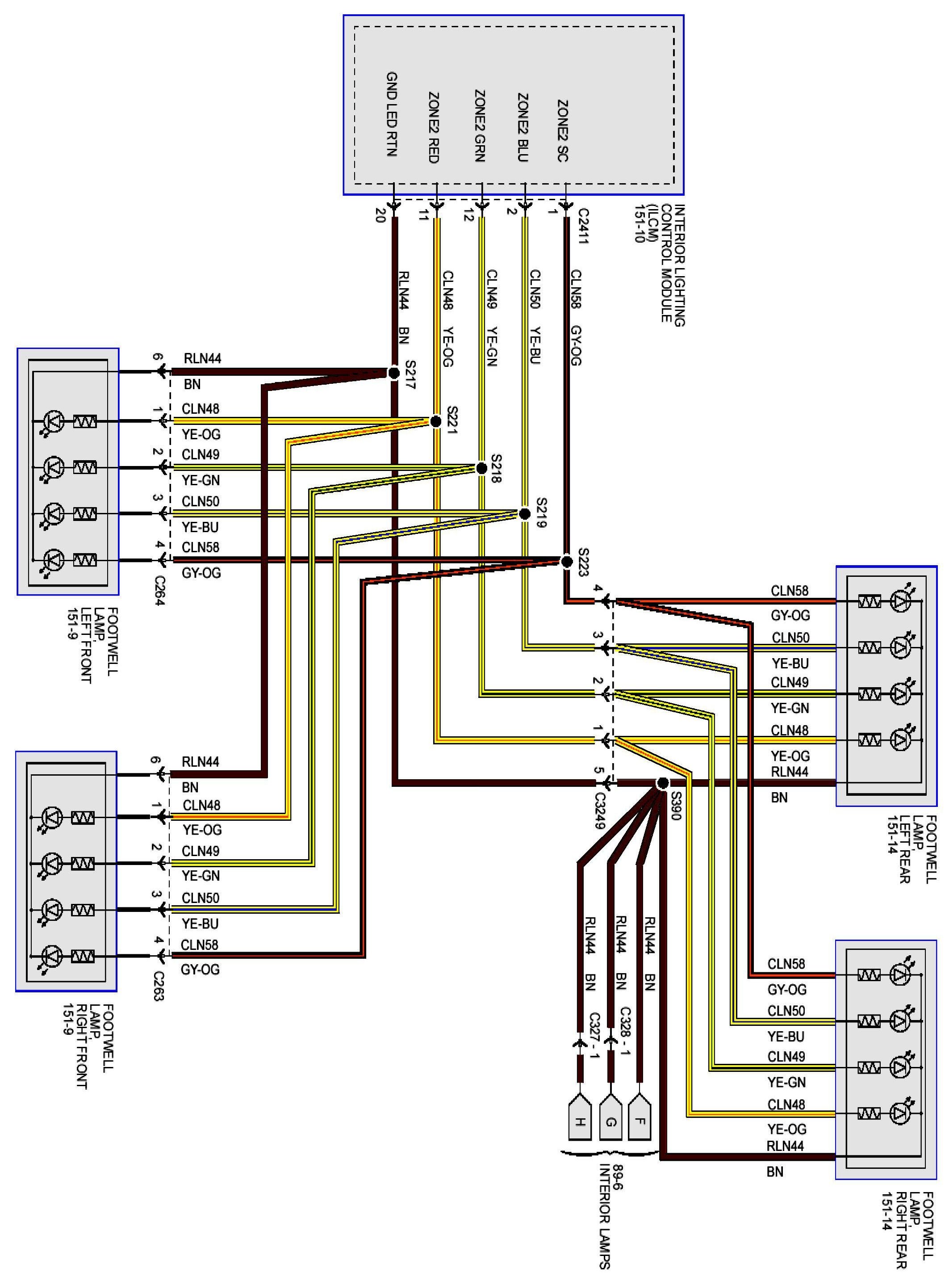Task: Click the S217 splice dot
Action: (393, 373)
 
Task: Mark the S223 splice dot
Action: (566, 562)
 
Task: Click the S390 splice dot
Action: (662, 783)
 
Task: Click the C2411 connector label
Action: (583, 227)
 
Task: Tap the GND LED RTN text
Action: (392, 114)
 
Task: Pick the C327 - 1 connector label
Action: (594, 1043)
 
